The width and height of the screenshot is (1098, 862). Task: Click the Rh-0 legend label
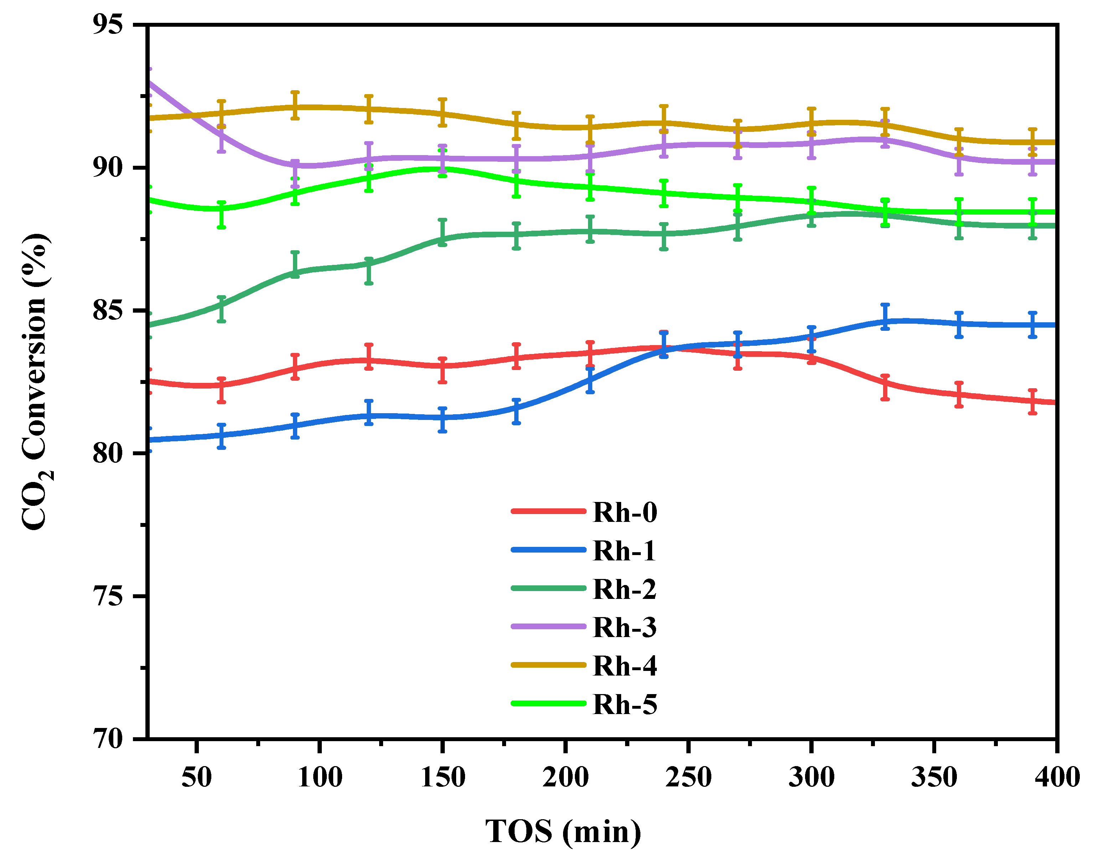625,512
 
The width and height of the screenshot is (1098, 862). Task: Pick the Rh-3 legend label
625,627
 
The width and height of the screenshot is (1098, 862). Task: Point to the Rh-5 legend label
625,704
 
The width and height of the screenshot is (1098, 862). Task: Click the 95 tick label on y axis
108,24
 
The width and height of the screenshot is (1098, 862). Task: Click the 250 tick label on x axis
688,777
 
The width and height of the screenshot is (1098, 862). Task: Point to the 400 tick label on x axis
1057,777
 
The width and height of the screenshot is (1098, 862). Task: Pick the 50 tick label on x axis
196,777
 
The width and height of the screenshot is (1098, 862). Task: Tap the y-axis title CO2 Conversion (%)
35,381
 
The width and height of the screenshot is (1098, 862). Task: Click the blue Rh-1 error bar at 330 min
885,317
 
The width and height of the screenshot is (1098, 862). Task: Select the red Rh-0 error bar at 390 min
1032,402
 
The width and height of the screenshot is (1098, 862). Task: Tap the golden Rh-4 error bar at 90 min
295,106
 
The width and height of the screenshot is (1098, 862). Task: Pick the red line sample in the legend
548,511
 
